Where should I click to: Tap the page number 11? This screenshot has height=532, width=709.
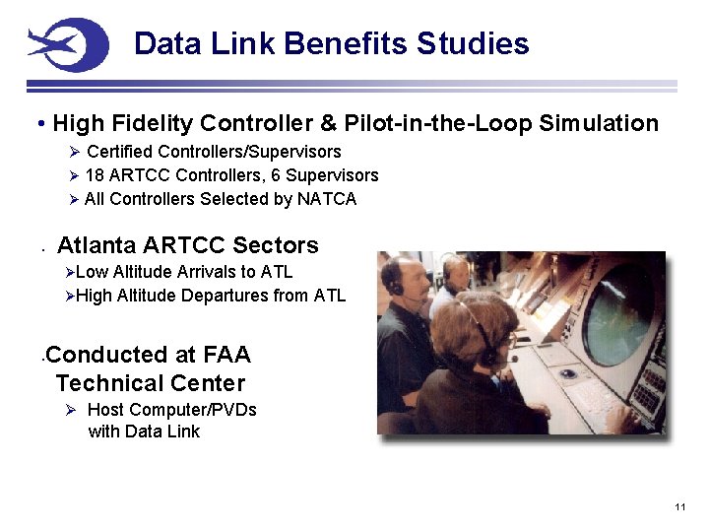point(680,506)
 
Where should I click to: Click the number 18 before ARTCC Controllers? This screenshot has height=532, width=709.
point(95,175)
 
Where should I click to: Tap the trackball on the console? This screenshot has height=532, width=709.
point(568,373)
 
